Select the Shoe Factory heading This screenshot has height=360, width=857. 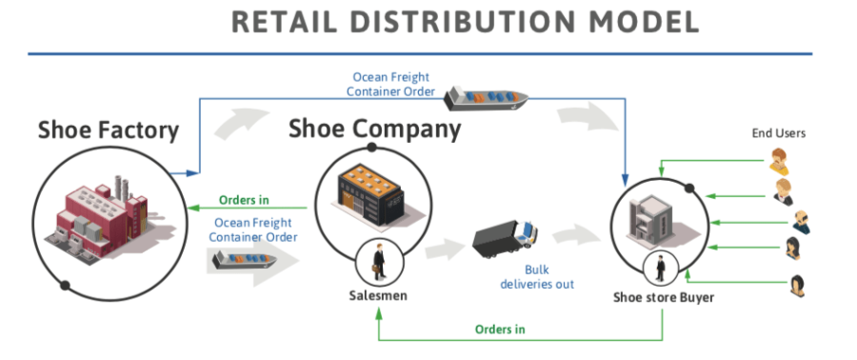(x=109, y=130)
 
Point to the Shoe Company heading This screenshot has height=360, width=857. (x=374, y=128)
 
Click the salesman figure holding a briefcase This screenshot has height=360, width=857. (x=378, y=262)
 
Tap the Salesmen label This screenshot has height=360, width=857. (x=378, y=296)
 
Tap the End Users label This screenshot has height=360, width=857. (x=778, y=133)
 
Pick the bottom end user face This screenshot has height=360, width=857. (x=798, y=284)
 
